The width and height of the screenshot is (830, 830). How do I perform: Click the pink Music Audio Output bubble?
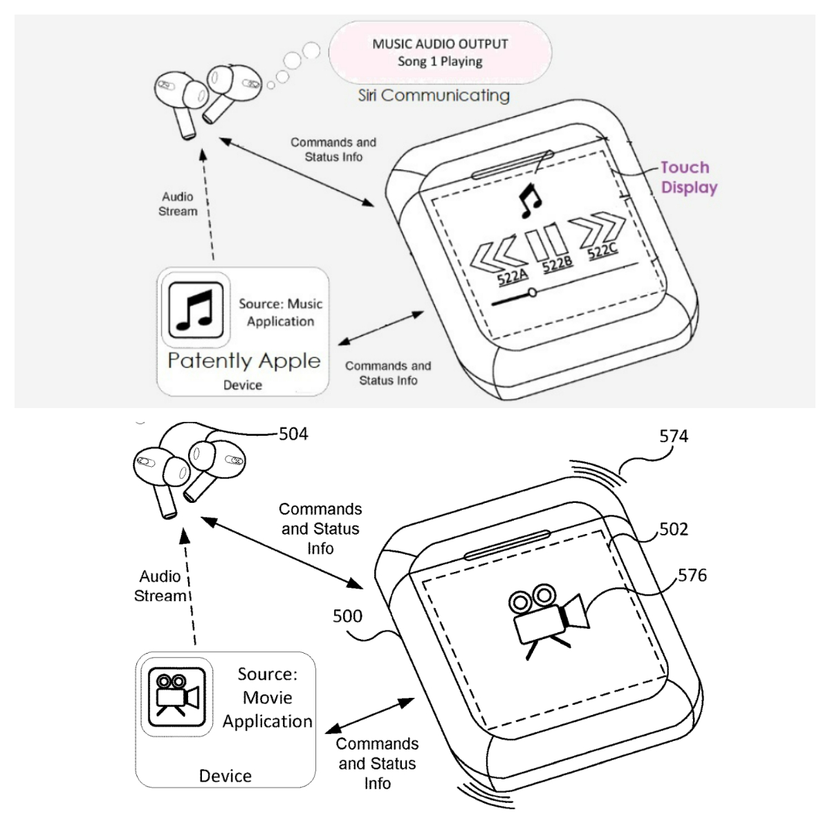click(440, 53)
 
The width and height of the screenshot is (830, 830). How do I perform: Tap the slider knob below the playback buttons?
click(531, 293)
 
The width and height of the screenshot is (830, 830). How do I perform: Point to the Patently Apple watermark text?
click(244, 360)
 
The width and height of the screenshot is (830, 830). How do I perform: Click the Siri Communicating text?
click(434, 95)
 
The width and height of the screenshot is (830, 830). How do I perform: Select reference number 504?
click(293, 434)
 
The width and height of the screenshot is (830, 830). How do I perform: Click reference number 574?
click(674, 436)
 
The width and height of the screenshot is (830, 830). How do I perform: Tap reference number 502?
click(674, 529)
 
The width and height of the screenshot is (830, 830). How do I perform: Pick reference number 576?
click(692, 575)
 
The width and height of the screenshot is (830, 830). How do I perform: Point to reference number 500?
click(347, 616)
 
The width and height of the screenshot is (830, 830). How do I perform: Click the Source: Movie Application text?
click(267, 697)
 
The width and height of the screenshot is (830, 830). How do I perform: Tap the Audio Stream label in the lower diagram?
click(161, 586)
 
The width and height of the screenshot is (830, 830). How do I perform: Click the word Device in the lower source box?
click(225, 775)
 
